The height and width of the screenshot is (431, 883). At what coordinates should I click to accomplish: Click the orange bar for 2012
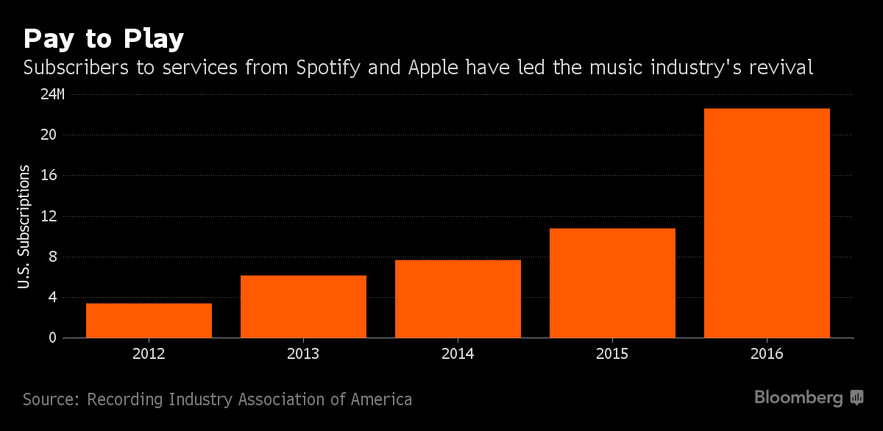pyautogui.click(x=149, y=321)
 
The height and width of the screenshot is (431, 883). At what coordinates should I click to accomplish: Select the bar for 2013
pyautogui.click(x=303, y=307)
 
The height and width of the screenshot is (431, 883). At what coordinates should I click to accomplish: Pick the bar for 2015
pyautogui.click(x=612, y=283)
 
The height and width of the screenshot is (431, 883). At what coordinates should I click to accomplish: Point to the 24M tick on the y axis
pyautogui.click(x=52, y=94)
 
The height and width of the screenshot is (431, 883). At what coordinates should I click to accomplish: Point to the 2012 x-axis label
pyautogui.click(x=149, y=354)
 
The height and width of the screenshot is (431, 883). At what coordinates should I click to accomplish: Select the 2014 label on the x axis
pyautogui.click(x=458, y=354)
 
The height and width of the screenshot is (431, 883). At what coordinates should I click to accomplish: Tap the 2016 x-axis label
pyautogui.click(x=767, y=354)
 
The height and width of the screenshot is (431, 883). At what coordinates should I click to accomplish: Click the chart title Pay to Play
pyautogui.click(x=103, y=39)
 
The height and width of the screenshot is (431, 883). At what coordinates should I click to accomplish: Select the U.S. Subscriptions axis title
pyautogui.click(x=24, y=226)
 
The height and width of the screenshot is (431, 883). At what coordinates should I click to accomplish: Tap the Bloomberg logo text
pyautogui.click(x=798, y=398)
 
